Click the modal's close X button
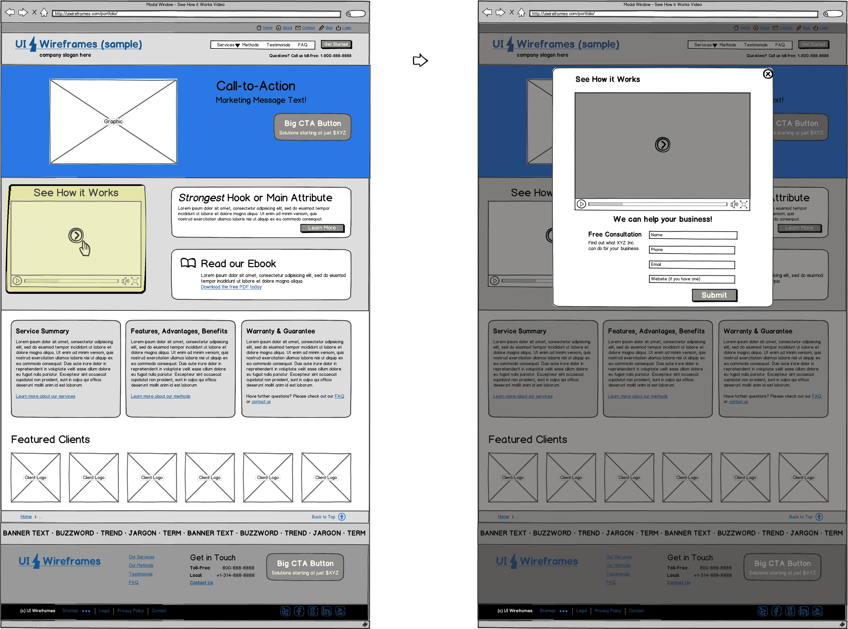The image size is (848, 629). point(768,74)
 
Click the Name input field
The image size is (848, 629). point(693,235)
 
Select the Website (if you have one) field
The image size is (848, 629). point(692,279)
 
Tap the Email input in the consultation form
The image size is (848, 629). point(692,265)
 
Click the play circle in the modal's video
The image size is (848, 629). point(662,145)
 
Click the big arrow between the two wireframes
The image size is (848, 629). point(420,60)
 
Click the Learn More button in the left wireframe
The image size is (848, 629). point(322,228)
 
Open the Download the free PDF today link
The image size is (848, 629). point(231,287)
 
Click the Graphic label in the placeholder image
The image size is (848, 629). point(113,121)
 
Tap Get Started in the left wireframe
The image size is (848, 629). point(336,44)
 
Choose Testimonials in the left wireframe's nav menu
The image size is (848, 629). point(278,45)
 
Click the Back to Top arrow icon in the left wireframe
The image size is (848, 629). point(342,517)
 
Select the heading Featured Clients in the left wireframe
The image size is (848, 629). point(50,439)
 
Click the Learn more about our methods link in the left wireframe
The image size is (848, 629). point(160,396)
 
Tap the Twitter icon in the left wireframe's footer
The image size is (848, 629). point(285,611)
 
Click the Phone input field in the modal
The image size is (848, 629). point(692,250)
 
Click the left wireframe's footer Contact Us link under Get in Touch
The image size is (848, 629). point(201,583)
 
